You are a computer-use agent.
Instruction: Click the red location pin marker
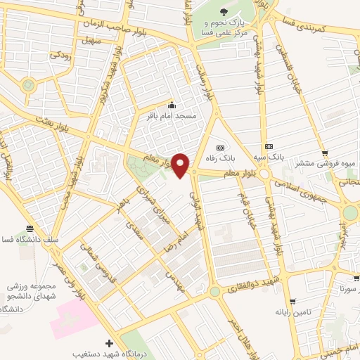pyautogui.click(x=181, y=165)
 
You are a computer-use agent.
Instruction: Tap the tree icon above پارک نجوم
pyautogui.click(x=224, y=12)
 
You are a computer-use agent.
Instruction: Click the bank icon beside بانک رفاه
pyautogui.click(x=221, y=148)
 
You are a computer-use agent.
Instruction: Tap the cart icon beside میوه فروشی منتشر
pyautogui.click(x=324, y=154)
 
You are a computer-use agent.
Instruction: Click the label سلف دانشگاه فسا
pyautogui.click(x=30, y=239)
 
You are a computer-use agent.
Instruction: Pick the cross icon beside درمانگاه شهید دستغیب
pyautogui.click(x=108, y=343)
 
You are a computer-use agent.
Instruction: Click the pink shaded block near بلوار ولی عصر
pyautogui.click(x=73, y=317)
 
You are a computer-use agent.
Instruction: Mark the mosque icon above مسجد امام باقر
pyautogui.click(x=172, y=105)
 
